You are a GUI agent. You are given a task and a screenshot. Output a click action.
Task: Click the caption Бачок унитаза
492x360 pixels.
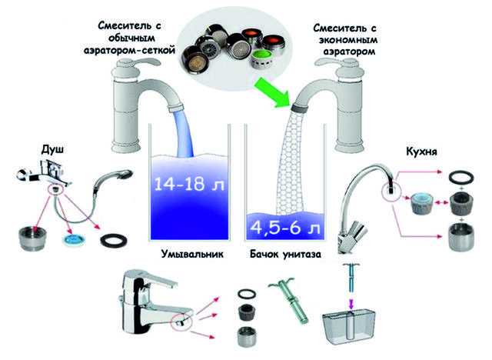click(285, 253)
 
